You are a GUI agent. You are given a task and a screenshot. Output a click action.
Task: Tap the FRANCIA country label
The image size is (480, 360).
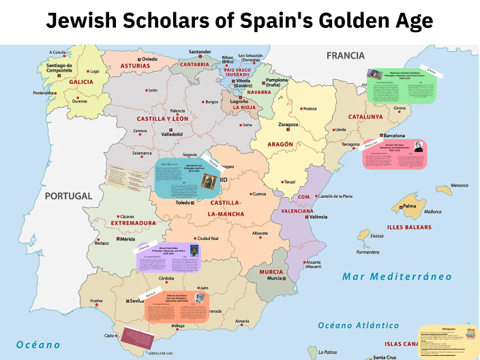click(345, 56)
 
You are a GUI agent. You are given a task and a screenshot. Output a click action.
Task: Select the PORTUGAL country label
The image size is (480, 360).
click(68, 196)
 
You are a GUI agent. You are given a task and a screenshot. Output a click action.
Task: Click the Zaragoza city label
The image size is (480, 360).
click(288, 125)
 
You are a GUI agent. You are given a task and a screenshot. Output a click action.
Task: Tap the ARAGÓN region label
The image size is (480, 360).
click(280, 145)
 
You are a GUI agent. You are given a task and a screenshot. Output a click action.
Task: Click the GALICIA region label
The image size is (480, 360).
click(81, 82)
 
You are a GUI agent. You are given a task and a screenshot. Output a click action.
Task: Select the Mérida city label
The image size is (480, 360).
click(128, 239)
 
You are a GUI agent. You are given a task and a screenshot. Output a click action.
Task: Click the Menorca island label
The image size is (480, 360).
click(459, 185)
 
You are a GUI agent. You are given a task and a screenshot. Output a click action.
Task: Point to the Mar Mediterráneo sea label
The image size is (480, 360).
click(387, 276)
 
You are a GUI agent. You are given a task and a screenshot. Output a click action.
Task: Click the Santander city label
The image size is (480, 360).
click(200, 52)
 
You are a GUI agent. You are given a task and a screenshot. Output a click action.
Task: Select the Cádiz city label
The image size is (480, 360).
click(109, 336)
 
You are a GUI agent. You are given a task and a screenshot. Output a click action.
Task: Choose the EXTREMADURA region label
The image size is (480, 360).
click(134, 223)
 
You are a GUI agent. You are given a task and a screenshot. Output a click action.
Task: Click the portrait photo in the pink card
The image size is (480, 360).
click(417, 148)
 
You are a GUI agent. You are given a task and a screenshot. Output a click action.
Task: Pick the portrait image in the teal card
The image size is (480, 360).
click(209, 181)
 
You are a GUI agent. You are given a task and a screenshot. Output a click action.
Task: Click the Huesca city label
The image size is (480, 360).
click(310, 108)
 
